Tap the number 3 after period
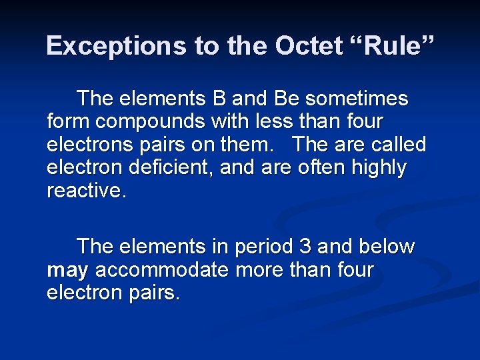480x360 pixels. (305, 247)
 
